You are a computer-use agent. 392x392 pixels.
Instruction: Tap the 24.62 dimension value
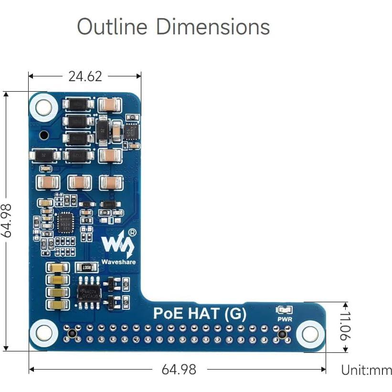(x=85, y=76)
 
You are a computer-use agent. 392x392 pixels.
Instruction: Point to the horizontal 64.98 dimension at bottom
(x=179, y=370)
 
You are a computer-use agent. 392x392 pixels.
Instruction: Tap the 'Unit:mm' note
(x=366, y=370)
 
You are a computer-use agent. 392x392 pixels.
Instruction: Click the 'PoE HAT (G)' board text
(x=200, y=314)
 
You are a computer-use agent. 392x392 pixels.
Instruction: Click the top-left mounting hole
(x=43, y=107)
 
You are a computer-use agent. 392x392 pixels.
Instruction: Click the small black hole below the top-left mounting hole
(x=44, y=135)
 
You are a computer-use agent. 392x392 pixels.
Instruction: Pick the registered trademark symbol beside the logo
(x=132, y=232)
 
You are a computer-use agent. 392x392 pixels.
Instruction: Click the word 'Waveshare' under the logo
(x=118, y=262)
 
